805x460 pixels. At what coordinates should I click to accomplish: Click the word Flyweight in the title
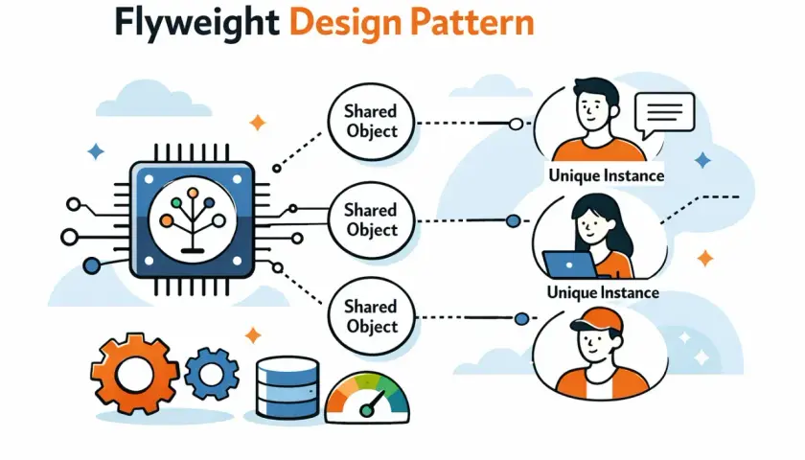pyautogui.click(x=196, y=24)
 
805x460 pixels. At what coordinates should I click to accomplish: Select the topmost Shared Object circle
pyautogui.click(x=371, y=121)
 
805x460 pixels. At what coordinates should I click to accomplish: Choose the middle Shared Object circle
pyautogui.click(x=371, y=219)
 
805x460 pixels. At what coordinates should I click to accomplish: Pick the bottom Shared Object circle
pyautogui.click(x=371, y=316)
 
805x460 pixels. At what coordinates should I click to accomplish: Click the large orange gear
pyautogui.click(x=134, y=374)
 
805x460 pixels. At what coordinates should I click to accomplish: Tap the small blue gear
pyautogui.click(x=212, y=375)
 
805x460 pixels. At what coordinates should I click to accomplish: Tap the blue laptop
pyautogui.click(x=570, y=264)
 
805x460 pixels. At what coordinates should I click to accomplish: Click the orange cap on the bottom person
pyautogui.click(x=595, y=319)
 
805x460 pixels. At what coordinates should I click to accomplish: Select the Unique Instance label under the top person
pyautogui.click(x=607, y=175)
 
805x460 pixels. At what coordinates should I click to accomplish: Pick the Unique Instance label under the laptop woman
pyautogui.click(x=603, y=292)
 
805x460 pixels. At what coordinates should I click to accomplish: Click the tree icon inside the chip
pyautogui.click(x=193, y=220)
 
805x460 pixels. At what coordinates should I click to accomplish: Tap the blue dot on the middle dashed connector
pyautogui.click(x=513, y=221)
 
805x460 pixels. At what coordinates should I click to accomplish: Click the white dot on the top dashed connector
pyautogui.click(x=516, y=124)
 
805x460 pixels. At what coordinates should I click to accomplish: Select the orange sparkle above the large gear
pyautogui.click(x=253, y=335)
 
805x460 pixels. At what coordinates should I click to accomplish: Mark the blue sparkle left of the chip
pyautogui.click(x=96, y=152)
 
